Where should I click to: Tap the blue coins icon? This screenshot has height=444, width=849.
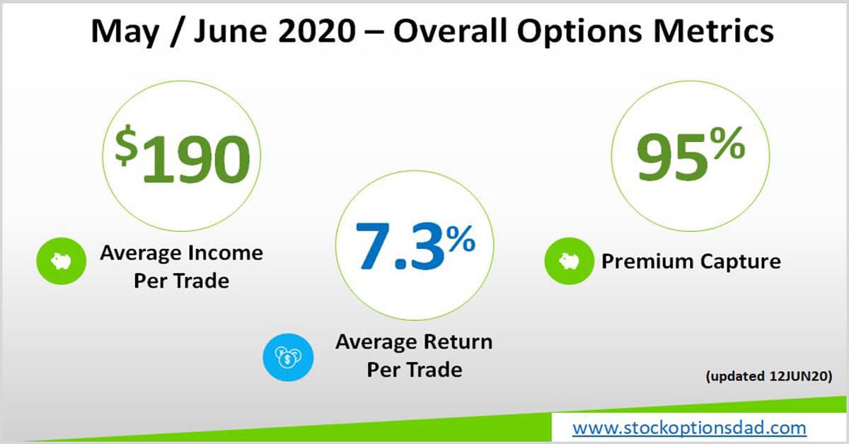[287, 358]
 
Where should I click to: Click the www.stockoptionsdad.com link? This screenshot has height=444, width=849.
[688, 427]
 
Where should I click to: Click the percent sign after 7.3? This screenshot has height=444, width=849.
[461, 241]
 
